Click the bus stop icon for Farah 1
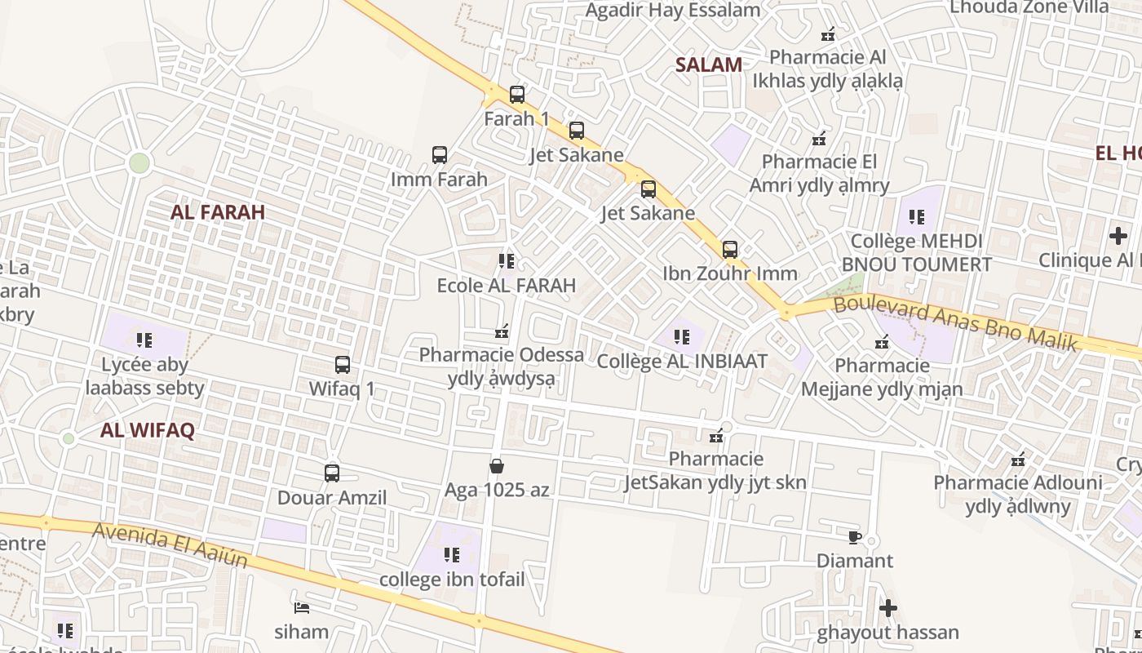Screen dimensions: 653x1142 click(x=516, y=95)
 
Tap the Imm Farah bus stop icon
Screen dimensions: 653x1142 click(x=439, y=155)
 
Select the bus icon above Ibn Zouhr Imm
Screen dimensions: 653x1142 click(x=729, y=250)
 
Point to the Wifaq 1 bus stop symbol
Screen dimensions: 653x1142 click(x=342, y=365)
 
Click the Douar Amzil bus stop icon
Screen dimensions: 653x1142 click(x=331, y=473)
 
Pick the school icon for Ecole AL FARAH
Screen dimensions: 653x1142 click(x=506, y=261)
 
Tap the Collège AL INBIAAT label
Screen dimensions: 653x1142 click(x=682, y=361)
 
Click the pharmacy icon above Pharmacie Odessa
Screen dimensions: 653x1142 click(x=502, y=331)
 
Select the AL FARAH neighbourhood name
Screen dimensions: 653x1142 click(x=218, y=212)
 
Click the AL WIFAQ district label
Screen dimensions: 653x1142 click(x=148, y=431)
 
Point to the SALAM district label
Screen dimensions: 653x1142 click(x=708, y=65)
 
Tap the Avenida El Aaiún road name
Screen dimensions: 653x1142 click(x=170, y=544)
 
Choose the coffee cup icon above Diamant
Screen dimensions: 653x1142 click(x=854, y=537)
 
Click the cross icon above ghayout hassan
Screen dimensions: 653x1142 click(x=887, y=608)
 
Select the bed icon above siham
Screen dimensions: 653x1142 click(x=301, y=607)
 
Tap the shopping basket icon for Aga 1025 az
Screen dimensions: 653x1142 click(x=496, y=466)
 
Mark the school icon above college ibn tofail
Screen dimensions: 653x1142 click(x=451, y=555)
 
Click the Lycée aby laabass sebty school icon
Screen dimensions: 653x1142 click(x=144, y=340)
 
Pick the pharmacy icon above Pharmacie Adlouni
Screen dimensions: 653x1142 click(x=1017, y=460)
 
